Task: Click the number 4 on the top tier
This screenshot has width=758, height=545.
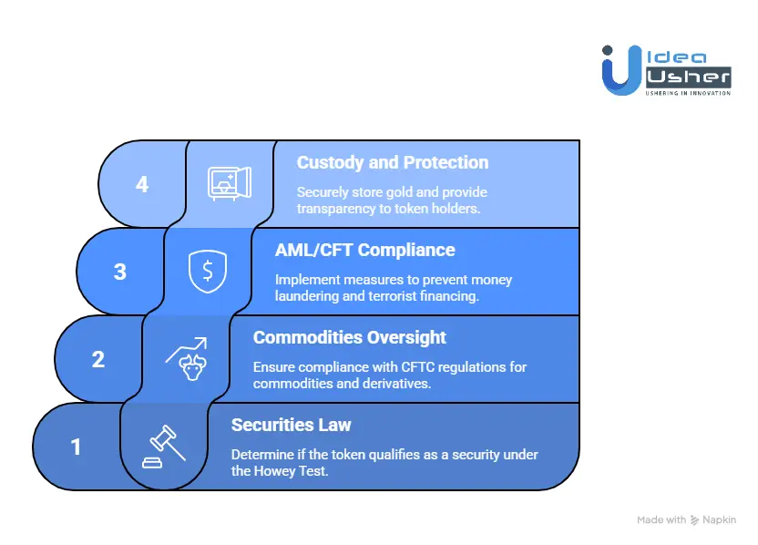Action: [x=142, y=184]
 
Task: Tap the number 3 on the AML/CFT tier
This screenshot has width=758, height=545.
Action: [x=120, y=272]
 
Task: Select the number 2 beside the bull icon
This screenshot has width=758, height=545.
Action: [x=98, y=359]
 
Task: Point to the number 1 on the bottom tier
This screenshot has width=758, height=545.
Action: [x=77, y=447]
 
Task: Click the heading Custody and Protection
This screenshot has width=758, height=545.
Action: [x=393, y=163]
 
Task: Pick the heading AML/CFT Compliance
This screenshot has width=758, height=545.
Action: [x=364, y=250]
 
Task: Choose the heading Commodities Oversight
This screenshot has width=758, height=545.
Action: [x=350, y=337]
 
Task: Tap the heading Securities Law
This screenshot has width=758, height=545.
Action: [x=292, y=425]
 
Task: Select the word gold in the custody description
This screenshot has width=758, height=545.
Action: [x=402, y=192]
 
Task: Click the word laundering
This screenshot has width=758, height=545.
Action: [x=308, y=295]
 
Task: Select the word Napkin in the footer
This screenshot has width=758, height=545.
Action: [x=720, y=519]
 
